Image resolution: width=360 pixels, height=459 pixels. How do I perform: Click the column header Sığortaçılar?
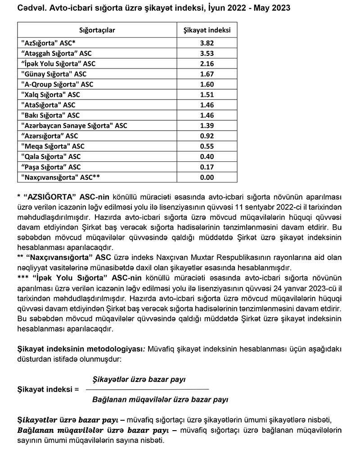(97, 30)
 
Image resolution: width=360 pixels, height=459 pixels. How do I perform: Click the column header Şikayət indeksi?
(207, 30)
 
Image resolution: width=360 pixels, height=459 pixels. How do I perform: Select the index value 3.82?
(207, 43)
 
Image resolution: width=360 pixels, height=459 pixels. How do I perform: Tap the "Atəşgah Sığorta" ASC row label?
(56, 54)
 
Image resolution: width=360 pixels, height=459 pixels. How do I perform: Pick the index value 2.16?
(207, 64)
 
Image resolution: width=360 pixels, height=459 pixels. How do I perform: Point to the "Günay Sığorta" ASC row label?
(54, 74)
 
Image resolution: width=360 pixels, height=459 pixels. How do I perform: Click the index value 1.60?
(207, 84)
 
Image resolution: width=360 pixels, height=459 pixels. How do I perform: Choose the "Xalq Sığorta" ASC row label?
(50, 95)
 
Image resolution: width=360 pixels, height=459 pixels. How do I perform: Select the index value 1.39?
(207, 125)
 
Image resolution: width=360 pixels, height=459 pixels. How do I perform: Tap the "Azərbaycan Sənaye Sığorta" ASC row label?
(74, 126)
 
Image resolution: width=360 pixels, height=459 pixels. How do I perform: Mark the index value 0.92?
(207, 136)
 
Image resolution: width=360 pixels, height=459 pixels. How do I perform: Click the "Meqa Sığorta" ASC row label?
(53, 146)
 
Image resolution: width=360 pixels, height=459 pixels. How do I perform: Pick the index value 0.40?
(207, 156)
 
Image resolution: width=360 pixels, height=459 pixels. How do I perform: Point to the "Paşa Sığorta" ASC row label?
(51, 167)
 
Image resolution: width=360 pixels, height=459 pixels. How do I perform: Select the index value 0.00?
(207, 177)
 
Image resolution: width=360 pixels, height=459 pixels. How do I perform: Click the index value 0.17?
(207, 167)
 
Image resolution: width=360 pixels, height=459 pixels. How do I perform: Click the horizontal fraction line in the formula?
(147, 389)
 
